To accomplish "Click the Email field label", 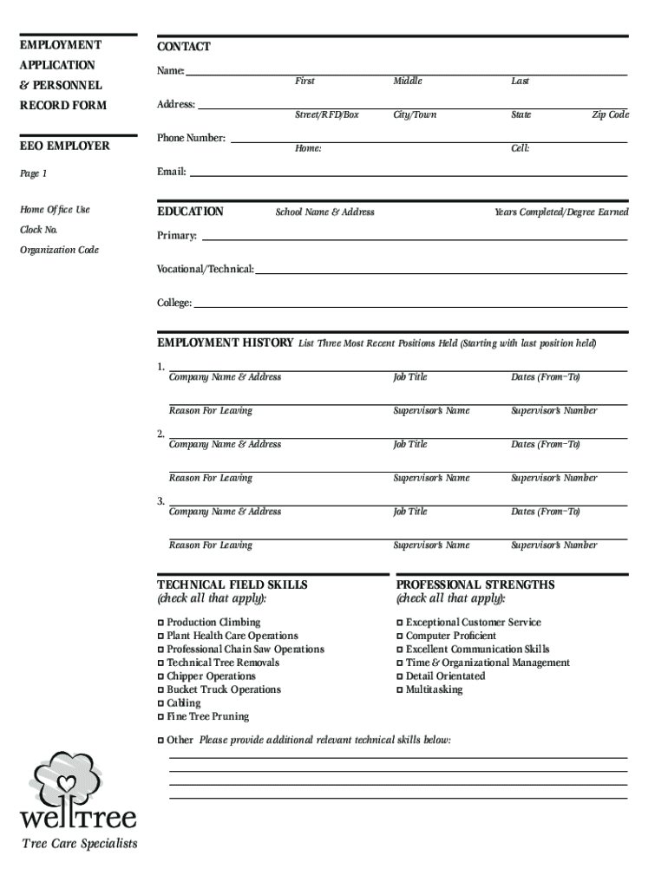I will click(x=171, y=172).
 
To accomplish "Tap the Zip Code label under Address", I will click(x=610, y=114).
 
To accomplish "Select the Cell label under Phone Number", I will click(x=520, y=148).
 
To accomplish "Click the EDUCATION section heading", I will click(x=190, y=212).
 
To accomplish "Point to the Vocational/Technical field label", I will click(x=205, y=269).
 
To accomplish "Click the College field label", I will click(x=174, y=303).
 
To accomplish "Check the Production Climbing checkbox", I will click(x=160, y=623).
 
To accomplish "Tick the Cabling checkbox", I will click(x=160, y=703).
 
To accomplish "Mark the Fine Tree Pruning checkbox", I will click(x=160, y=717).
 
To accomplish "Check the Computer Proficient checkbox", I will click(x=400, y=637).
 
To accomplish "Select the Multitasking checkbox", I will click(x=400, y=690).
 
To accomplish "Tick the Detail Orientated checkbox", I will click(x=400, y=676).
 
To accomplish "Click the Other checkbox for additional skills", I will click(x=160, y=741).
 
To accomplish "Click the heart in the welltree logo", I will click(x=66, y=784).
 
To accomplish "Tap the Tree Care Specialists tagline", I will click(x=79, y=844).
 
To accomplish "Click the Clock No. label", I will click(x=39, y=230).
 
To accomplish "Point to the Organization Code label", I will click(x=59, y=250).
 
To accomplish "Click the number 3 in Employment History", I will click(x=160, y=501).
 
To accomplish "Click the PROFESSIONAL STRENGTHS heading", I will click(x=475, y=584).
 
